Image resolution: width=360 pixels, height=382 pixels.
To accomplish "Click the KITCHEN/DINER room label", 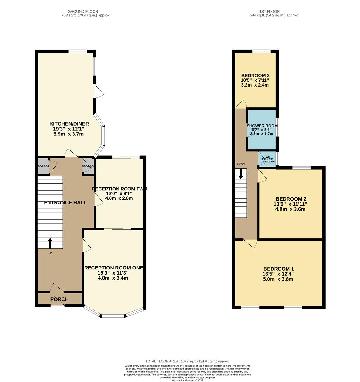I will (69, 124).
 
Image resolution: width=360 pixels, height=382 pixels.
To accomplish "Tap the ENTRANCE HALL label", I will (65, 203).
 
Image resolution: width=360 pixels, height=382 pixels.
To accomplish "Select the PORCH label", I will (59, 299).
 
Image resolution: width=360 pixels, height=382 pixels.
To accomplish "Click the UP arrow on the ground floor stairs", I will (50, 243).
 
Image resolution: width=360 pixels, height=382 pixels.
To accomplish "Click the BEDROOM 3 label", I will (255, 76).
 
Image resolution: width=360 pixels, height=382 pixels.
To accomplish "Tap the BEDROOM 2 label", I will (291, 199).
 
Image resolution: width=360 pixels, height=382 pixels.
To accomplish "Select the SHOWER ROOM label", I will (262, 126).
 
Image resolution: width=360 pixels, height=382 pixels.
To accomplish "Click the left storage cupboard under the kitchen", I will (44, 166).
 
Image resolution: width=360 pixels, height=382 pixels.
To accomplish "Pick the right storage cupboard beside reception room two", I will (88, 166).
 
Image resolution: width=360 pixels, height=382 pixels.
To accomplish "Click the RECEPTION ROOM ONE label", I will (114, 268).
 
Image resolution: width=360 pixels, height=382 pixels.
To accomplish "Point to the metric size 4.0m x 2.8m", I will (119, 198).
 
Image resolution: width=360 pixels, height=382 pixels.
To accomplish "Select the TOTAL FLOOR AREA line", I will (187, 361).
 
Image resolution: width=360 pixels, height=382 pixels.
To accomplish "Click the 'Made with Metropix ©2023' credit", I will (187, 380).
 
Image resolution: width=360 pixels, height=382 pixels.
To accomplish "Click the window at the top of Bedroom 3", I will (262, 51).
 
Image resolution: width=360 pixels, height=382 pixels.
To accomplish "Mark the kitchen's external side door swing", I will (99, 91).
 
